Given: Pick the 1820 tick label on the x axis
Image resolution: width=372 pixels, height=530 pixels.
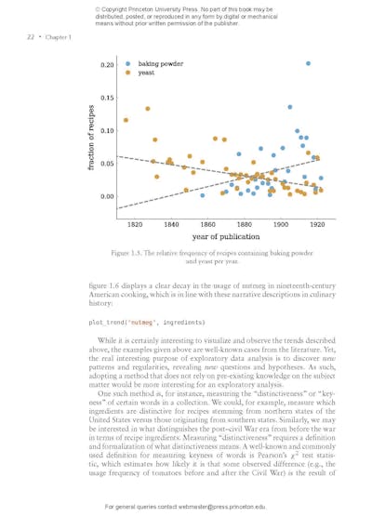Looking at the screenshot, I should point(135,224).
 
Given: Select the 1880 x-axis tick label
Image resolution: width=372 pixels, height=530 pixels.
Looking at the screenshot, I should point(245,224).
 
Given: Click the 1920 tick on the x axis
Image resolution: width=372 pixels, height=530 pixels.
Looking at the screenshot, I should point(317,224).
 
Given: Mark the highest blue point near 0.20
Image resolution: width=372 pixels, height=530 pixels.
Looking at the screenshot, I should point(308,63).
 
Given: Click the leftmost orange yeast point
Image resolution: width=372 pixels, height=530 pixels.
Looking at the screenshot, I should point(126,120).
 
